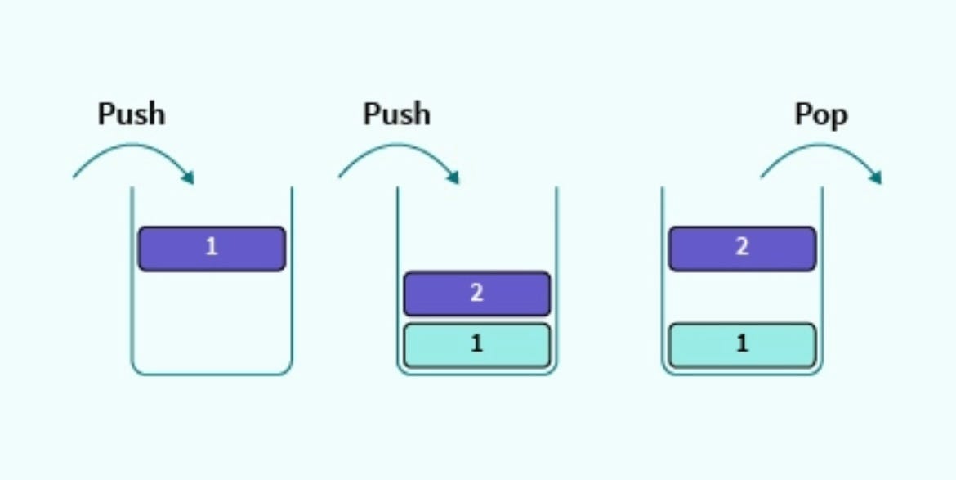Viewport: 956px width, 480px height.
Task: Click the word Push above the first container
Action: click(131, 114)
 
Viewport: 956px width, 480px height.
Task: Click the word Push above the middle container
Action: click(396, 114)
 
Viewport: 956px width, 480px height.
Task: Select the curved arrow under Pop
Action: click(817, 146)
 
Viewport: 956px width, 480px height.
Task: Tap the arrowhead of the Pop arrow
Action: click(875, 177)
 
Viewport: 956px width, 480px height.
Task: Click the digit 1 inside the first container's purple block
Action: click(211, 247)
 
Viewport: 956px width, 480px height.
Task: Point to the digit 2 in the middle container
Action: click(476, 293)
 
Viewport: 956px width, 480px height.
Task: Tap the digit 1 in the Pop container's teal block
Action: click(742, 343)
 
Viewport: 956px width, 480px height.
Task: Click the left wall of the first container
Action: click(132, 278)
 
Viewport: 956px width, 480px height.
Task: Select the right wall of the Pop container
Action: click(822, 278)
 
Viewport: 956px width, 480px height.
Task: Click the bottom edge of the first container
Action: click(211, 375)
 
